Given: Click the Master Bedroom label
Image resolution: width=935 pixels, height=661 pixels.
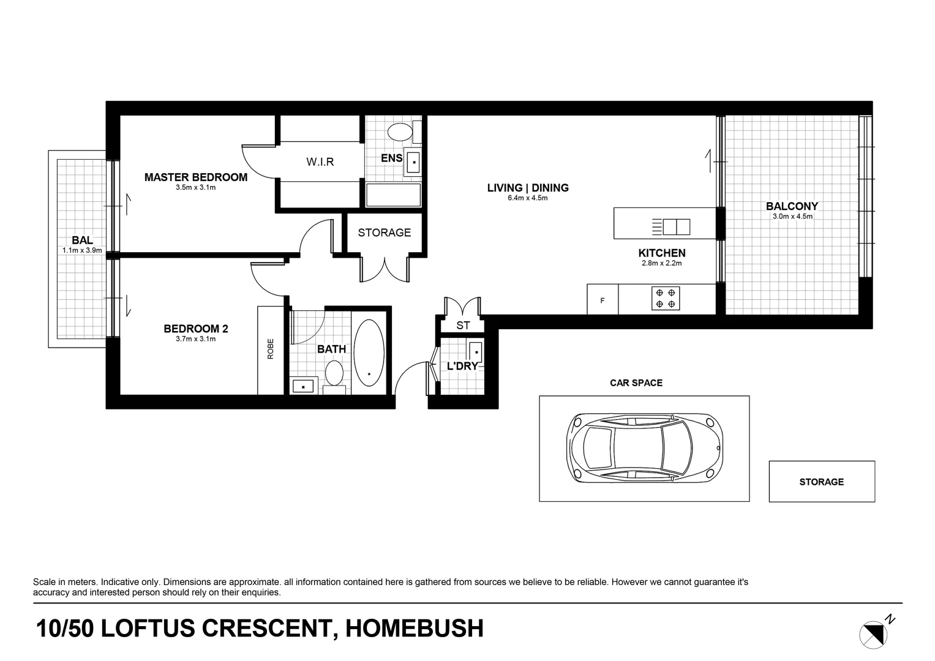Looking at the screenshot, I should pos(195,177).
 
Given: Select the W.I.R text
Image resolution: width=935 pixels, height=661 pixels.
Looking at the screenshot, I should pos(320,162).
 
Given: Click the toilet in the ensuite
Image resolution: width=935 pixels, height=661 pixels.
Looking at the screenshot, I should pos(400,132).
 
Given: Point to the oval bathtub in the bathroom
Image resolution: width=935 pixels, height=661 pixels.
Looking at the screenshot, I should pos(369,353).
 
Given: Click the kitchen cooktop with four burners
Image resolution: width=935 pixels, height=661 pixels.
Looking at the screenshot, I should pos(665,299).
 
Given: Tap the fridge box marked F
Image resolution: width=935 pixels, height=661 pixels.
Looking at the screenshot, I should pos(603,301).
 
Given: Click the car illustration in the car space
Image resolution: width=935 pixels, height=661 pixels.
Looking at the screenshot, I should pos(643,447).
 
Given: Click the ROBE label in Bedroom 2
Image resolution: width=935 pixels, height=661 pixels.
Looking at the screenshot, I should pos(270,349).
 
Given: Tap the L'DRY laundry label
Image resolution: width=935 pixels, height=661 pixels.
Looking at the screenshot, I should pos(462,367).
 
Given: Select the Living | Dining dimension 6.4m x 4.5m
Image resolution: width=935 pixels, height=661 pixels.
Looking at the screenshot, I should pos(527,198).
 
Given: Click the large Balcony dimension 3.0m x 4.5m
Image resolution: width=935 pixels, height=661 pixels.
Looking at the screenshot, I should pos(792,216).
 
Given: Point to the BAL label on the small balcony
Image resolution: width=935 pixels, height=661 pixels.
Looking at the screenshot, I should pos(82,241).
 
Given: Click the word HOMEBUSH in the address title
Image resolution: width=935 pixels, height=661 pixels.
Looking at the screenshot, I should pos(415,629).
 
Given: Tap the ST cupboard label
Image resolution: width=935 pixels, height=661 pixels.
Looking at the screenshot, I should pos(462,326).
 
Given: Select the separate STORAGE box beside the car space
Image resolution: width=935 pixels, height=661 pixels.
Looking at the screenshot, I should pos(821,482).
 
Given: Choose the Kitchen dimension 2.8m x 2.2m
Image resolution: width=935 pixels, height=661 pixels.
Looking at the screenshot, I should pos(661,263).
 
